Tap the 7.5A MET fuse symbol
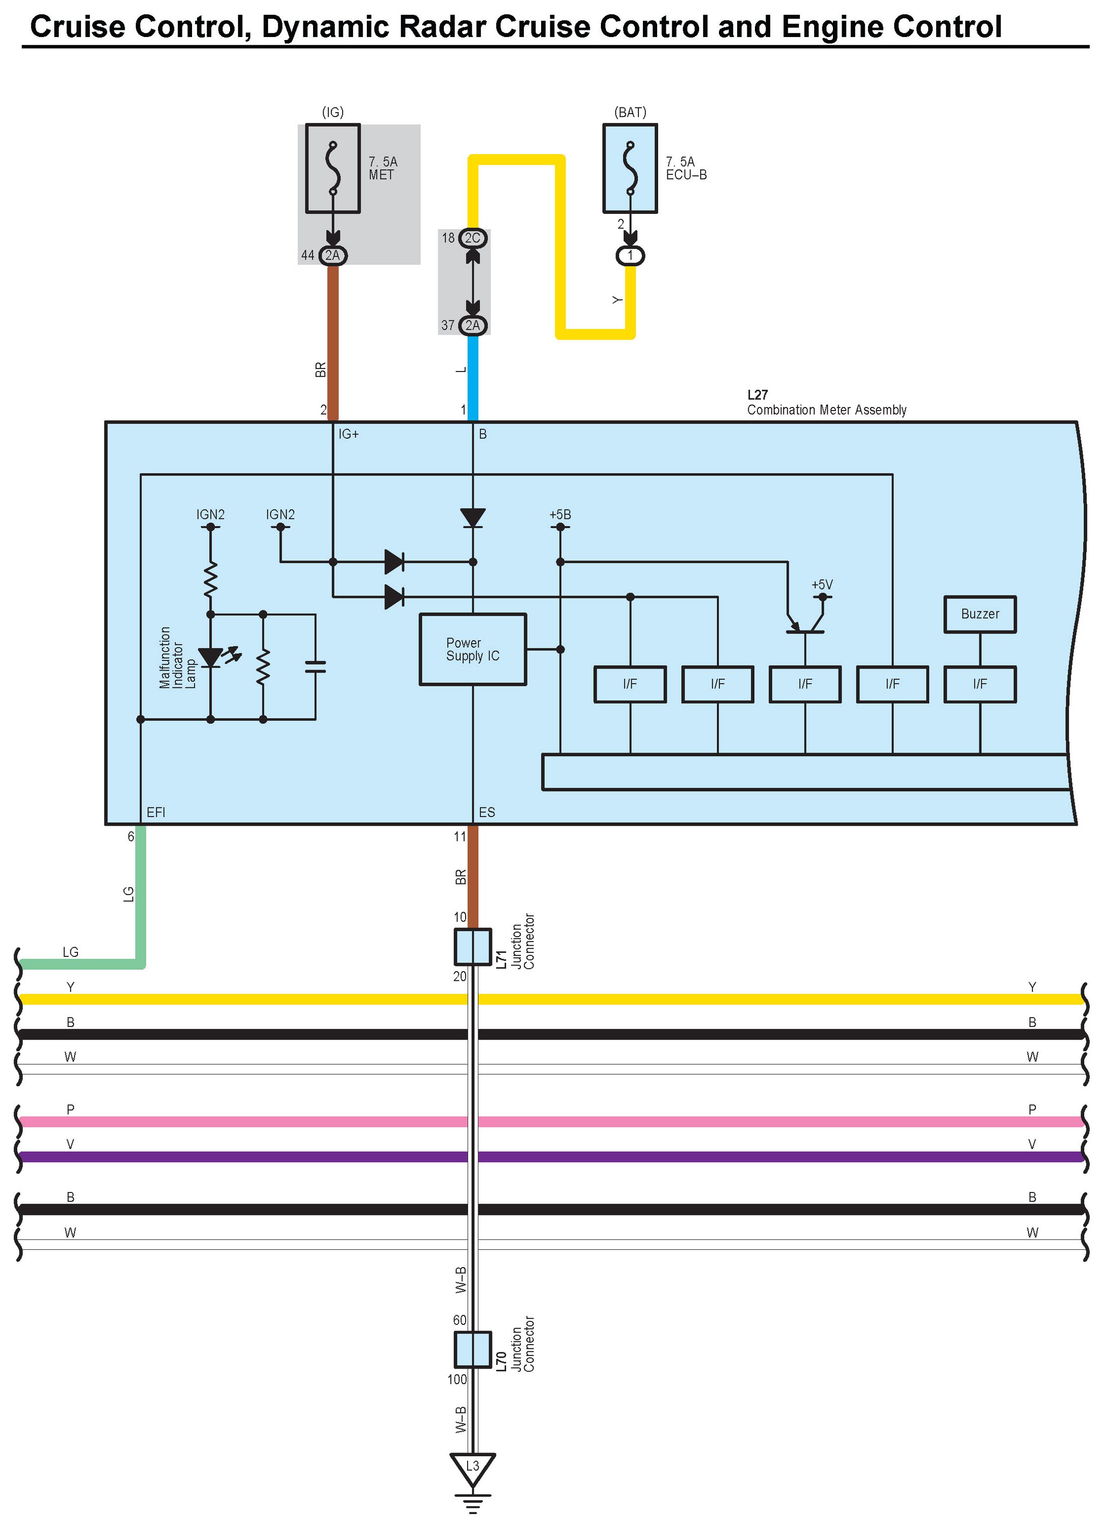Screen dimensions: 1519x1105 click(x=333, y=168)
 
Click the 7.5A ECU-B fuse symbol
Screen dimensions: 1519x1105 click(x=630, y=168)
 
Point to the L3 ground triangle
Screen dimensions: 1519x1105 click(x=472, y=1467)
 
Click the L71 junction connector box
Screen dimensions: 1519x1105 click(x=472, y=946)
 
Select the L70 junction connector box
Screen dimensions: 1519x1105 click(x=472, y=1350)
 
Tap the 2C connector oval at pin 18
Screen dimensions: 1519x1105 click(x=472, y=238)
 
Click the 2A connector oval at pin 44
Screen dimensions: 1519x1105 click(x=333, y=255)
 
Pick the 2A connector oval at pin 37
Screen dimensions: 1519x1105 click(x=472, y=325)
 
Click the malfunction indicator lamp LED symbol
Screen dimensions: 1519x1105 click(x=211, y=658)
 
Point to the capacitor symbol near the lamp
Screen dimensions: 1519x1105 click(x=315, y=666)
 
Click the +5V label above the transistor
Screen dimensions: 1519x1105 click(x=822, y=585)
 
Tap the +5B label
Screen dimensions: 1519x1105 click(x=560, y=514)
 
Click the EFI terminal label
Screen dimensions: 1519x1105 click(x=156, y=812)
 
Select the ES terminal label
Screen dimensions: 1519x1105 click(x=486, y=812)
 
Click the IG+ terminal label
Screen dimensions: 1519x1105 click(x=348, y=434)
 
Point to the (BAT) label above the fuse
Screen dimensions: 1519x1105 click(x=630, y=113)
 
